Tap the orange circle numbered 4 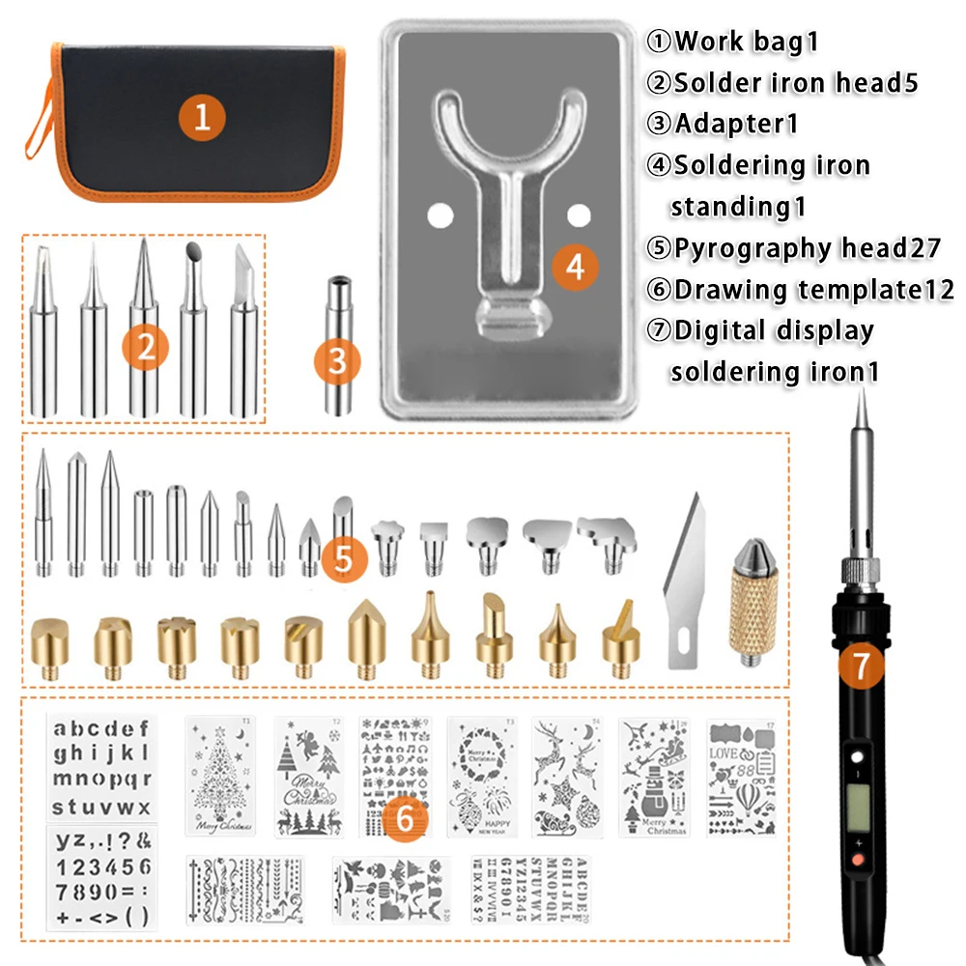pos(576,267)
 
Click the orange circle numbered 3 pos(337,361)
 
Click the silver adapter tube pos(337,328)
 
